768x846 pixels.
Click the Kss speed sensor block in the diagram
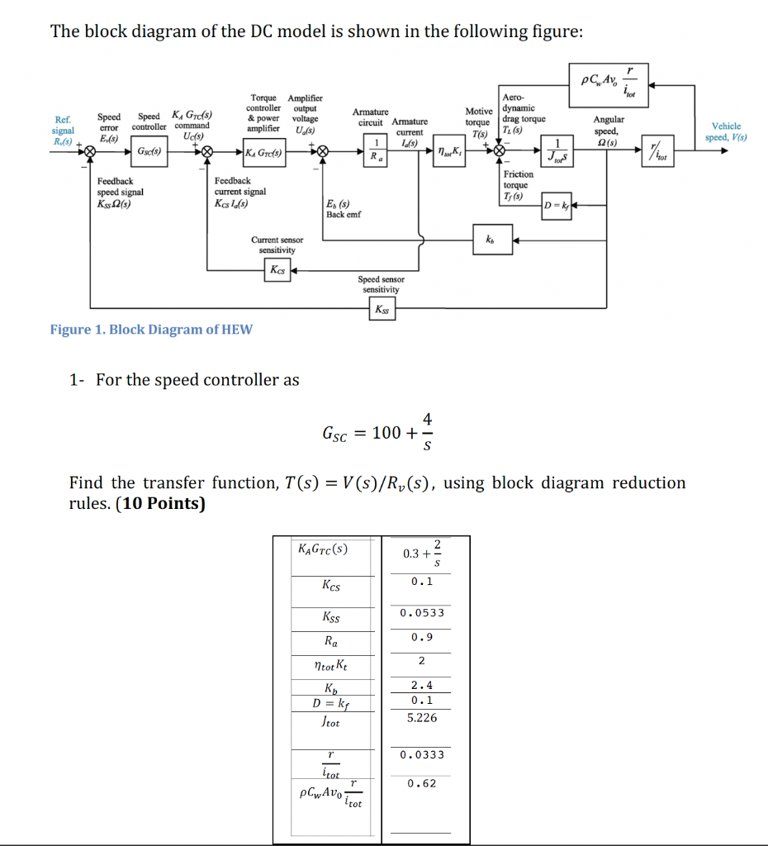(382, 310)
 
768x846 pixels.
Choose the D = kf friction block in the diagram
(557, 203)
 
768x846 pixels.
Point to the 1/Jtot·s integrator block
(561, 152)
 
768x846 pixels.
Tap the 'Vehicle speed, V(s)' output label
(725, 131)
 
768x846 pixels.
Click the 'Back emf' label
(342, 214)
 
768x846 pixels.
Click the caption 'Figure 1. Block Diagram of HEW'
(151, 330)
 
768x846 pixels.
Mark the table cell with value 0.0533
(422, 613)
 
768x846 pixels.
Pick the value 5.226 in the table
(422, 718)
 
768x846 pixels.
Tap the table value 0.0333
(422, 754)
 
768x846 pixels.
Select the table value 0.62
(422, 783)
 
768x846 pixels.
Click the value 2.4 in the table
(422, 685)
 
